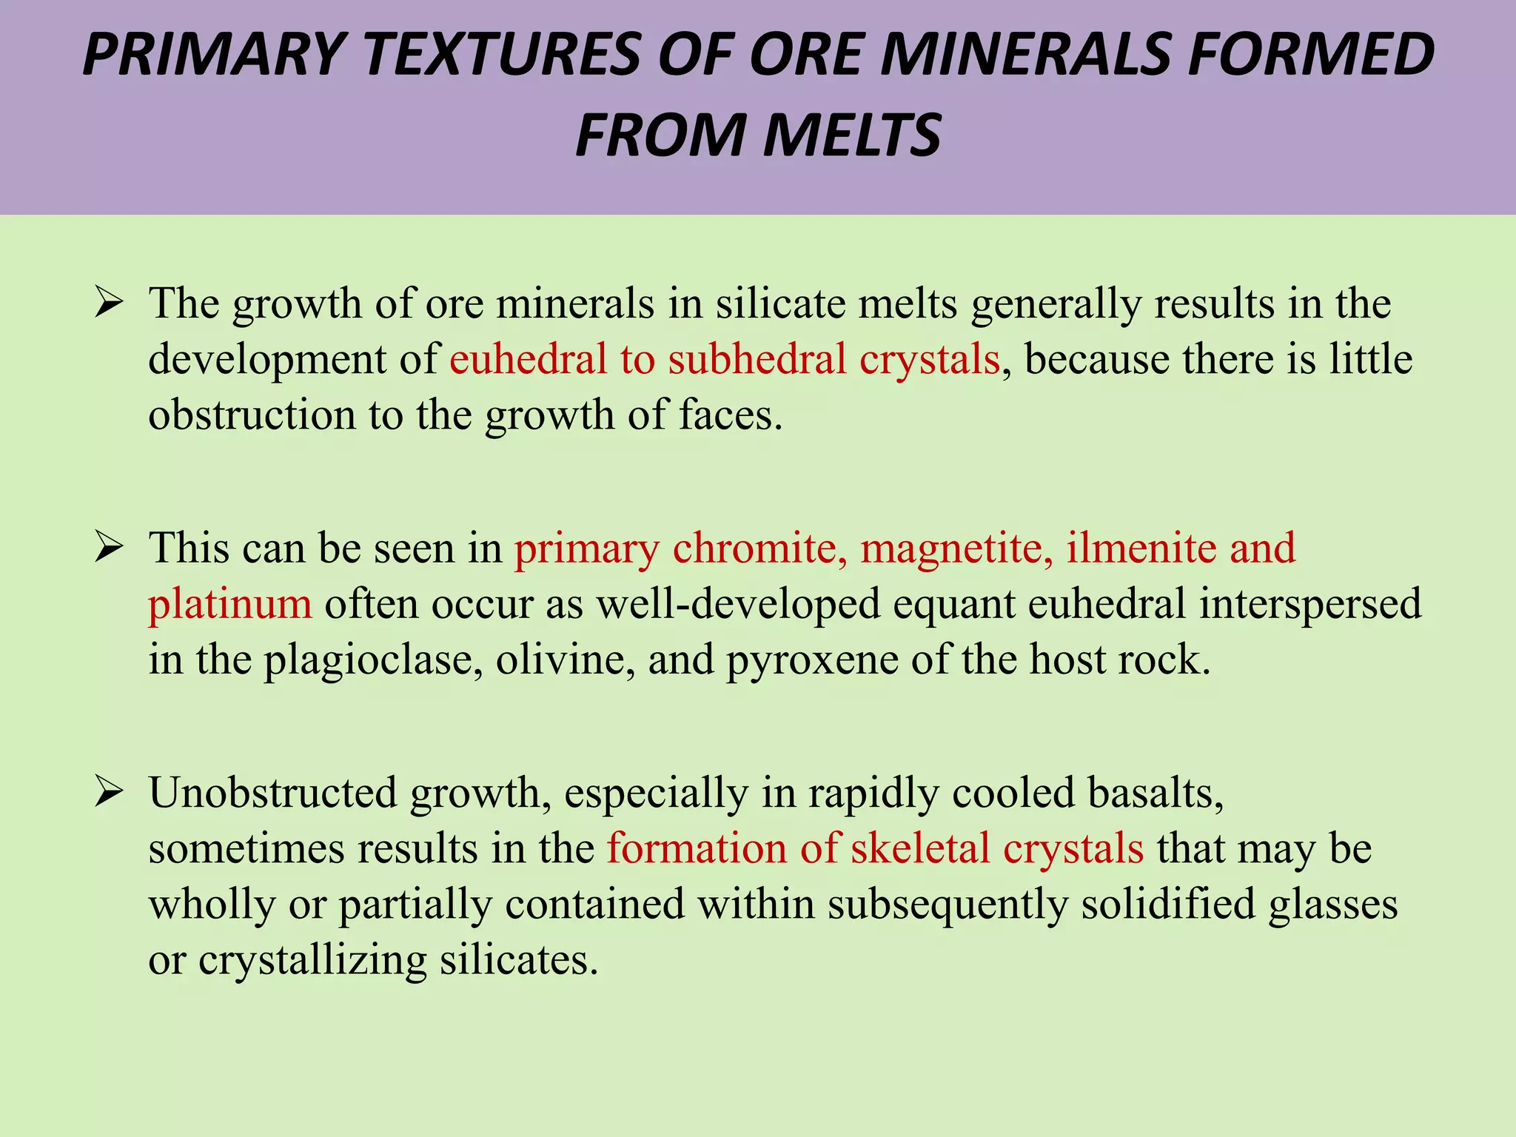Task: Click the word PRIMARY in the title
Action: (x=215, y=55)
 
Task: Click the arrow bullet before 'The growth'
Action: (x=108, y=304)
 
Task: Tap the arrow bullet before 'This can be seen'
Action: (x=108, y=549)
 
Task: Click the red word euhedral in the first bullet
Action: (x=528, y=359)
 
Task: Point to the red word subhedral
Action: (x=757, y=359)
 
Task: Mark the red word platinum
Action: (x=229, y=604)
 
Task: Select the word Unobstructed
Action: (x=273, y=793)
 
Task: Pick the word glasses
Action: (x=1333, y=905)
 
